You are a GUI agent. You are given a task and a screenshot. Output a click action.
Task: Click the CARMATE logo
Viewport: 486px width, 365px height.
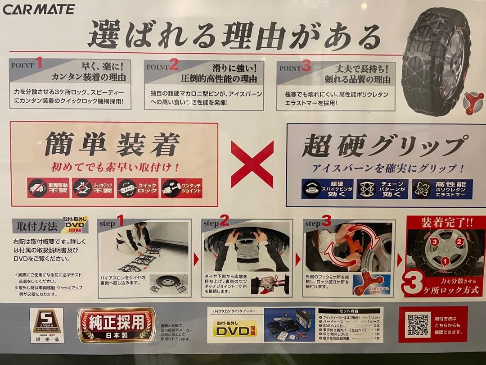tap(39, 9)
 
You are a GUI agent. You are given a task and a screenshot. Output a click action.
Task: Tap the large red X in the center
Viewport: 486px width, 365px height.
tap(252, 164)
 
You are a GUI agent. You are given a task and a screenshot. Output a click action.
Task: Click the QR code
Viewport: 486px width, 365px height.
tap(418, 324)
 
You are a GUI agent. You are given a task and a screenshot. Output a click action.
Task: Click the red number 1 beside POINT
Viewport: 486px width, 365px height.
tap(39, 64)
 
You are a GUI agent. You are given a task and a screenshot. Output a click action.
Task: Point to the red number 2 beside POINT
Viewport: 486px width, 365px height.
tap(174, 65)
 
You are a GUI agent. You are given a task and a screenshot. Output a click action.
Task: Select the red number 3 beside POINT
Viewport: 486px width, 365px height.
tap(306, 67)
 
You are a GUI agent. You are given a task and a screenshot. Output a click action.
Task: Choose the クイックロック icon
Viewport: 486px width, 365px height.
tap(138, 188)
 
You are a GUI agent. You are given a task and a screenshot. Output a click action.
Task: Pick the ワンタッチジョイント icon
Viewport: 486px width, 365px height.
tap(182, 188)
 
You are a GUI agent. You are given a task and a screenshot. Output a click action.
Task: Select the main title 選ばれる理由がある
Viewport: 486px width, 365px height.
tap(234, 35)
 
